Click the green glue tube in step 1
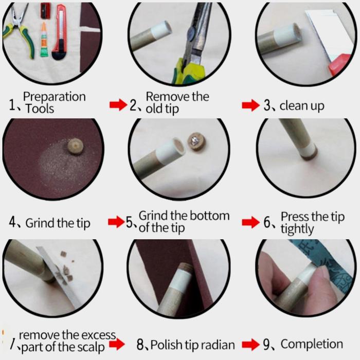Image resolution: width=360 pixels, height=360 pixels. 44,40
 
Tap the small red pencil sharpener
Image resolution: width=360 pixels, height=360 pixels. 45,11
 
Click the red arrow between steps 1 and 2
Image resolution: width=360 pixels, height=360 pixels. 118,105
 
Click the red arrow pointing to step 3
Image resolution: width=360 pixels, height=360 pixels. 251,105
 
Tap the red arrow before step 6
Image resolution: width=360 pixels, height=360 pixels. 251,222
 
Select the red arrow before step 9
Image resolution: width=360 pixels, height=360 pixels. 251,345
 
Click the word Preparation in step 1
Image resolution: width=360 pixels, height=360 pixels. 55,97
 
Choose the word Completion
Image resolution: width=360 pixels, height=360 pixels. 312,344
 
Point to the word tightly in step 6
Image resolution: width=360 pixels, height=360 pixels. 297,229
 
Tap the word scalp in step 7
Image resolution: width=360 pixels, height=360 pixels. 91,347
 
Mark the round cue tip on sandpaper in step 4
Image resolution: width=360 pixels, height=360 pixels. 76,146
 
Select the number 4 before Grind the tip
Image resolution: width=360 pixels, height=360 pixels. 13,222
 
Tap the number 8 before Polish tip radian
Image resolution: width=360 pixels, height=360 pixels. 140,345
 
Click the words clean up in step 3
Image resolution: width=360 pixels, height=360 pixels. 302,106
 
